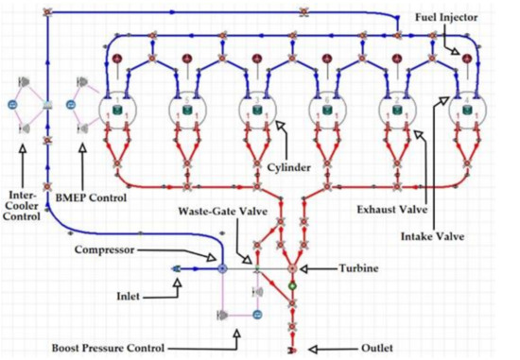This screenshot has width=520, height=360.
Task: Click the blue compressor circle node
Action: (x=222, y=269)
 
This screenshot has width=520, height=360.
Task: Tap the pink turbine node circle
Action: (x=293, y=269)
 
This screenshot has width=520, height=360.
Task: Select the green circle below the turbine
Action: (x=293, y=285)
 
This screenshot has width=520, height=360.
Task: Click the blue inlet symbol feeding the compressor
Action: (x=177, y=269)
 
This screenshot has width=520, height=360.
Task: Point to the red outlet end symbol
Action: (x=293, y=349)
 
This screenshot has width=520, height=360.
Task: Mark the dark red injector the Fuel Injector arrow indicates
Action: (x=466, y=60)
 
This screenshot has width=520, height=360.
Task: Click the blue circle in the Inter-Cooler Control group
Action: (x=12, y=103)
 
